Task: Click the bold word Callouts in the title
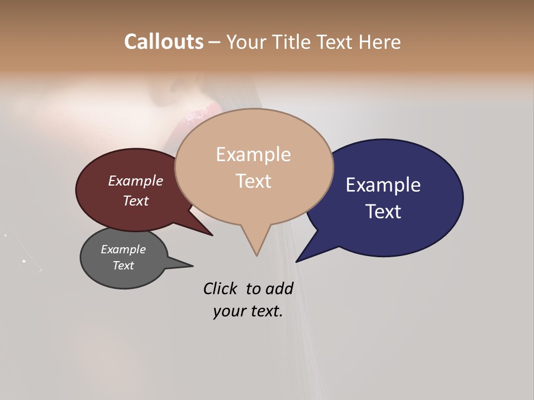click(164, 42)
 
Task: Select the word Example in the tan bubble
click(253, 154)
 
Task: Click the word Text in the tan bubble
click(253, 181)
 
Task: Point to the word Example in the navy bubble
click(383, 185)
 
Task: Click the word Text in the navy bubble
click(384, 211)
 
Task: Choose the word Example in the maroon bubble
click(135, 181)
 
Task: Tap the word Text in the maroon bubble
click(135, 201)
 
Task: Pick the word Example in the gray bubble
click(123, 249)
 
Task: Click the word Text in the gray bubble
click(123, 266)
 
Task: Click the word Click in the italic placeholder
click(219, 288)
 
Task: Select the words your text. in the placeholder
click(248, 311)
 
